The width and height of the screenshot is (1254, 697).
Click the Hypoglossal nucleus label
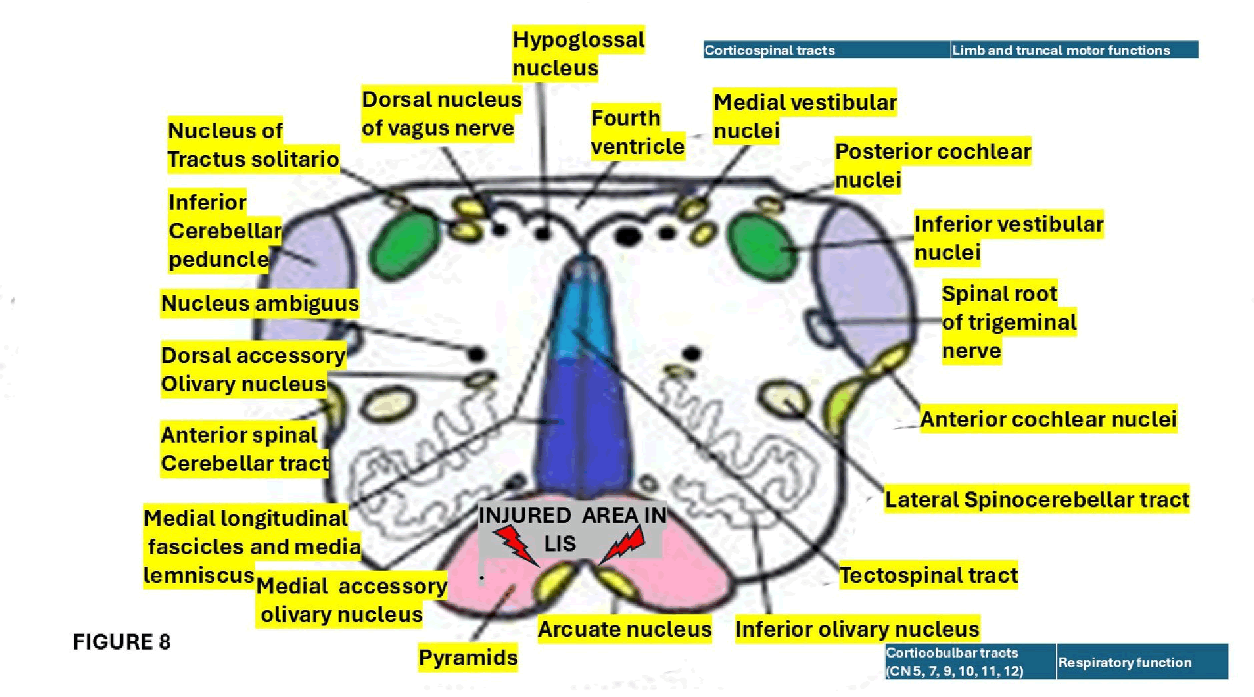point(578,53)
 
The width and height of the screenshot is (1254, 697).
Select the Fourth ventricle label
point(637,132)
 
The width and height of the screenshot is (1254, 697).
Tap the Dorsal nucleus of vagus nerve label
point(441,113)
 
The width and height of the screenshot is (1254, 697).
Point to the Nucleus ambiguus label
point(260,304)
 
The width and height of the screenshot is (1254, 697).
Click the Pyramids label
point(468,658)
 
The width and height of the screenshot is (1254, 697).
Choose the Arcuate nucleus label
point(624,629)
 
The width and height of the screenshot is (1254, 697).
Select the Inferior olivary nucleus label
point(856,629)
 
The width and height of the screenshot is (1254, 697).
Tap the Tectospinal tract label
point(928,575)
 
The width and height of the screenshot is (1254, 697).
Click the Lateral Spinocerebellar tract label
point(1037,499)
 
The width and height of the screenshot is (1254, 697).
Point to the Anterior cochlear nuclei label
point(1048,419)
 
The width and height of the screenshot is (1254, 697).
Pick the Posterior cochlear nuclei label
point(932,166)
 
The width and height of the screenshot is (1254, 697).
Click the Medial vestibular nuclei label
point(804,116)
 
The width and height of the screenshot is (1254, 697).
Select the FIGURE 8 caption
point(121,642)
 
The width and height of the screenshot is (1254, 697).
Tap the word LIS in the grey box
point(560,544)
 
